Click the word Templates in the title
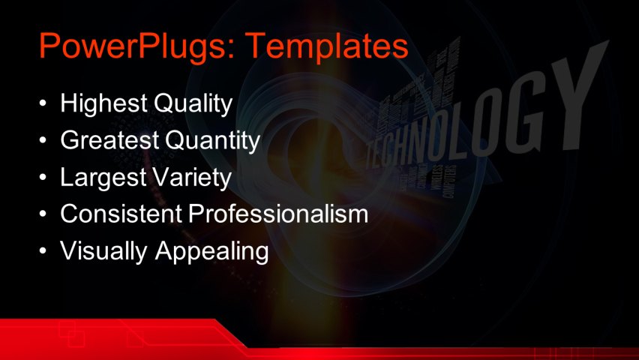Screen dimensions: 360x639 (328, 46)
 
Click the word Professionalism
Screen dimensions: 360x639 (278, 214)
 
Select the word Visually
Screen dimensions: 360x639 (104, 251)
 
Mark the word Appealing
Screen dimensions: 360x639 (211, 251)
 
